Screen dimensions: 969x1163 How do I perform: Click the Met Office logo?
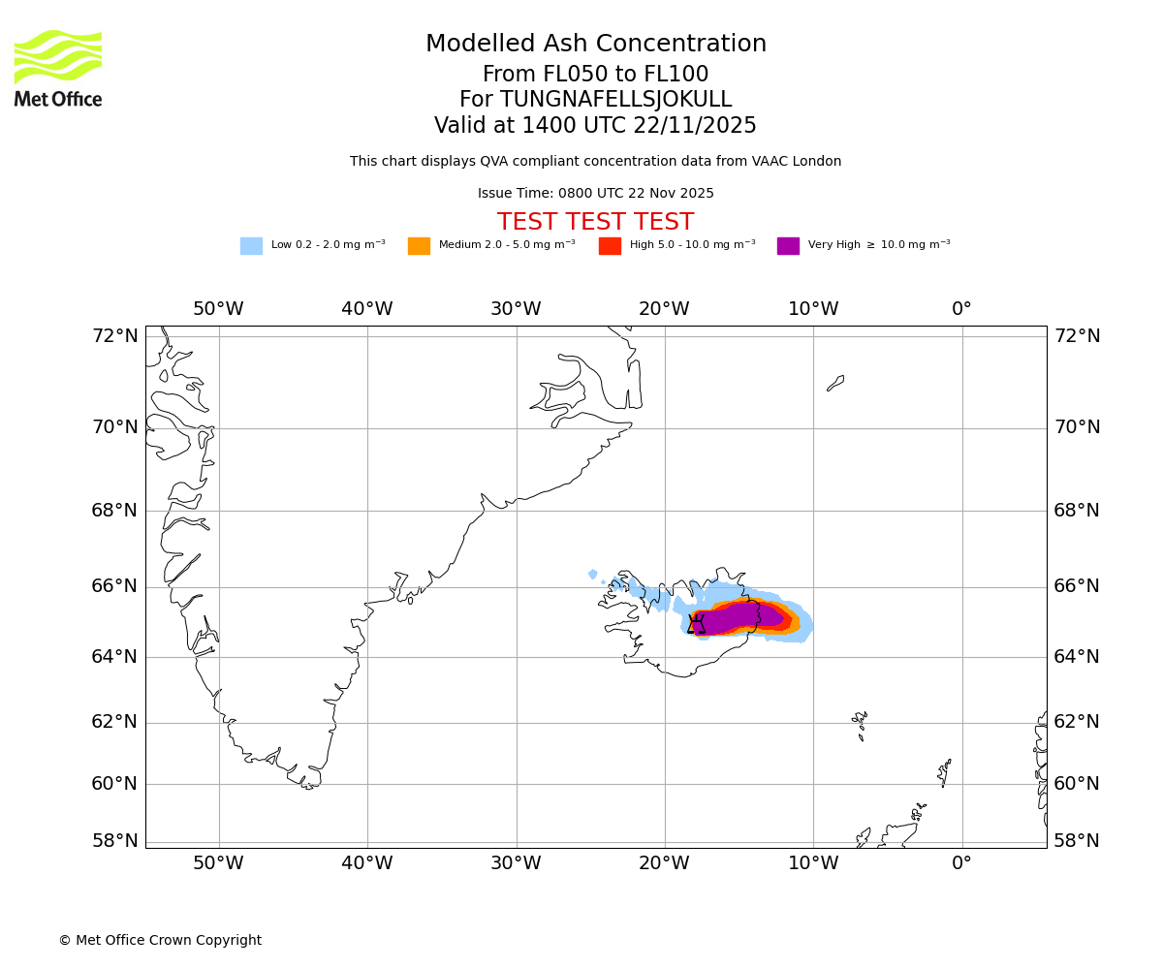tap(58, 68)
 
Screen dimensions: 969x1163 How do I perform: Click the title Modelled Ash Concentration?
tap(596, 45)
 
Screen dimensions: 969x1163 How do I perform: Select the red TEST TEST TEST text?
tap(595, 223)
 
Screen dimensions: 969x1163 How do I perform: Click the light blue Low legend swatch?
tap(251, 246)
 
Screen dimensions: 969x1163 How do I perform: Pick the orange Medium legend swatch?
tap(419, 246)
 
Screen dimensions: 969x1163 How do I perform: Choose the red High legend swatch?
tap(610, 246)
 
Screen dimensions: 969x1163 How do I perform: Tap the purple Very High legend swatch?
tap(788, 246)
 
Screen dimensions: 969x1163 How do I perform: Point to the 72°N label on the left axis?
tap(115, 336)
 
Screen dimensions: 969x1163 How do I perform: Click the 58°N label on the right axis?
tap(1077, 841)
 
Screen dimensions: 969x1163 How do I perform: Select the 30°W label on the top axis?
tap(516, 309)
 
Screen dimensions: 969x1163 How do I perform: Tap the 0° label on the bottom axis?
tap(961, 862)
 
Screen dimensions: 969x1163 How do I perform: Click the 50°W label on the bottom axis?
tap(218, 862)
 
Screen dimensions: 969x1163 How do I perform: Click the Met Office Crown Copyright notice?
tap(160, 941)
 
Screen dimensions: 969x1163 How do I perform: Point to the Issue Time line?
tap(595, 194)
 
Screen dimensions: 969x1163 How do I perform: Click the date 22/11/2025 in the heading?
tap(695, 126)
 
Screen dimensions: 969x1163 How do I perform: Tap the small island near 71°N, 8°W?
tap(835, 383)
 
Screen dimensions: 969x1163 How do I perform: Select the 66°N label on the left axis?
tap(115, 586)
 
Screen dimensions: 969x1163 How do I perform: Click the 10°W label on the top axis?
tap(813, 309)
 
